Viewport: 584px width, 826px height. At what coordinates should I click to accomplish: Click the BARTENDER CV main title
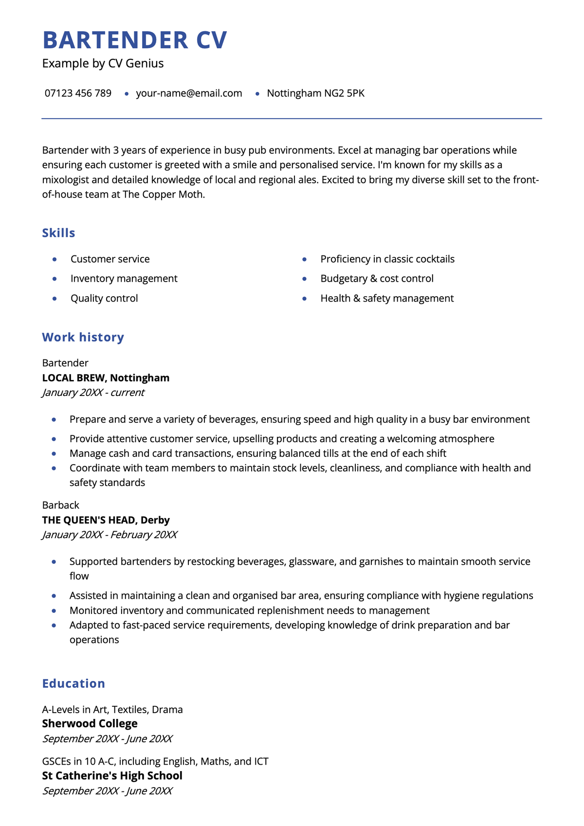click(135, 40)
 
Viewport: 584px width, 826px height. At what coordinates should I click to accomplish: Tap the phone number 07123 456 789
click(78, 93)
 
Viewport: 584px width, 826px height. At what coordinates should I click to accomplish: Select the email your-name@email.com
click(189, 93)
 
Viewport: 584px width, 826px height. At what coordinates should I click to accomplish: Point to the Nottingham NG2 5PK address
click(315, 93)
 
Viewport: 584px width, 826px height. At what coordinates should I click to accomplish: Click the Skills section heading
click(58, 233)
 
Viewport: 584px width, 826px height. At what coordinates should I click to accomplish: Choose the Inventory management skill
click(124, 279)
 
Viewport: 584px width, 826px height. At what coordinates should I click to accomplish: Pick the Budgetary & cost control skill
click(377, 279)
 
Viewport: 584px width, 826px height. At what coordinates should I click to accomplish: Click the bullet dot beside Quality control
click(55, 299)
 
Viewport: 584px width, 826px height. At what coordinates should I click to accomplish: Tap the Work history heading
click(83, 337)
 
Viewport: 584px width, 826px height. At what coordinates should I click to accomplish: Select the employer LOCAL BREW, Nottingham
click(106, 378)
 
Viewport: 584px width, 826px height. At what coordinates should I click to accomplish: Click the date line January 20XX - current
click(93, 393)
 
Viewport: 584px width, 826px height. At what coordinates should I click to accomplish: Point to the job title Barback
click(60, 505)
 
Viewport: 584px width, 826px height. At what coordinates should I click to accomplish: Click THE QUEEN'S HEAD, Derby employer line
click(106, 520)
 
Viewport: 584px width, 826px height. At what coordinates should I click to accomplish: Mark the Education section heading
click(73, 683)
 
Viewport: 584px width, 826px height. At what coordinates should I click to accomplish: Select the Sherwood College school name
click(90, 724)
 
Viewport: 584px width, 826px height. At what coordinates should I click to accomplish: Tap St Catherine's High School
click(112, 776)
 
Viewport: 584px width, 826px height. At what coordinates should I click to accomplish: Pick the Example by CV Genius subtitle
click(103, 64)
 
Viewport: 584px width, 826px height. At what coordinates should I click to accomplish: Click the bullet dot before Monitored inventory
click(54, 611)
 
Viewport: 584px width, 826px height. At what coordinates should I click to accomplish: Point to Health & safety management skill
click(387, 299)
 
